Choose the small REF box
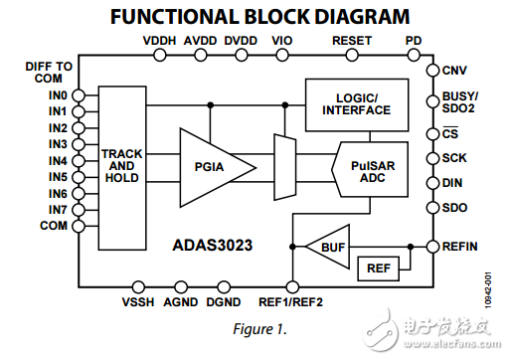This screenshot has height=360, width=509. [379, 269]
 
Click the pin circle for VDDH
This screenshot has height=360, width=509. [160, 55]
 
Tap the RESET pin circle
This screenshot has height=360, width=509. [352, 55]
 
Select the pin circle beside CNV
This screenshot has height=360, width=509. [432, 71]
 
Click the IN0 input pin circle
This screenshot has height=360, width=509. [79, 95]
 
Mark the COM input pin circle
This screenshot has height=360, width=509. [79, 226]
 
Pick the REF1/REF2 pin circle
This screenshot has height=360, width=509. [292, 287]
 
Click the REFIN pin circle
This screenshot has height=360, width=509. [432, 247]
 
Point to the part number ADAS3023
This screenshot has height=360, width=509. [213, 246]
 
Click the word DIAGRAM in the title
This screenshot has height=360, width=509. [362, 17]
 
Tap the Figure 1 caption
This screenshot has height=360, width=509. [259, 329]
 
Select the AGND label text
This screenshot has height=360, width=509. [181, 302]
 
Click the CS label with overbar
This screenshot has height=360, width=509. [450, 133]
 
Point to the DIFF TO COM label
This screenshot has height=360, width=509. [49, 73]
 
